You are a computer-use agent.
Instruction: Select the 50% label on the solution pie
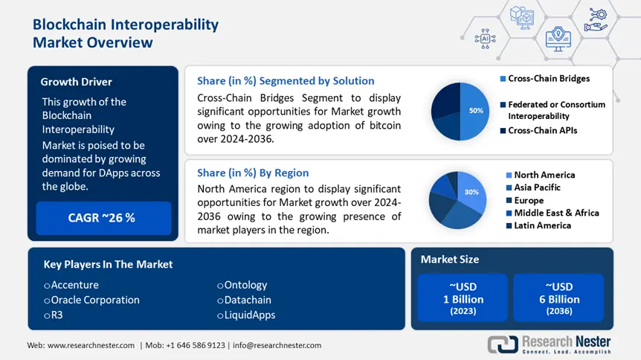[475, 110]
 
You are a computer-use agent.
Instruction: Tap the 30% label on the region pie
[471, 191]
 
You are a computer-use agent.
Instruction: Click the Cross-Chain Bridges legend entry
[549, 79]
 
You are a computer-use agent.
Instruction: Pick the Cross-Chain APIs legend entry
[542, 130]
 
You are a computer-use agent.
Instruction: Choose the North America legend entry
[544, 175]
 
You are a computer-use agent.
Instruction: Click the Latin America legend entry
[542, 225]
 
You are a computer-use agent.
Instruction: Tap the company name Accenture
[74, 285]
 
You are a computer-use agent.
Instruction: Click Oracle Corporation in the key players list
[94, 300]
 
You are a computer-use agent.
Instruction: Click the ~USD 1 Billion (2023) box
[463, 299]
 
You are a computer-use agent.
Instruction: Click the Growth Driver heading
[77, 82]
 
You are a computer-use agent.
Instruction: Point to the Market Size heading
[450, 260]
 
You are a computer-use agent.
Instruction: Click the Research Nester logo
[550, 344]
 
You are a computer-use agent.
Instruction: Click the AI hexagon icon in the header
[486, 37]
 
